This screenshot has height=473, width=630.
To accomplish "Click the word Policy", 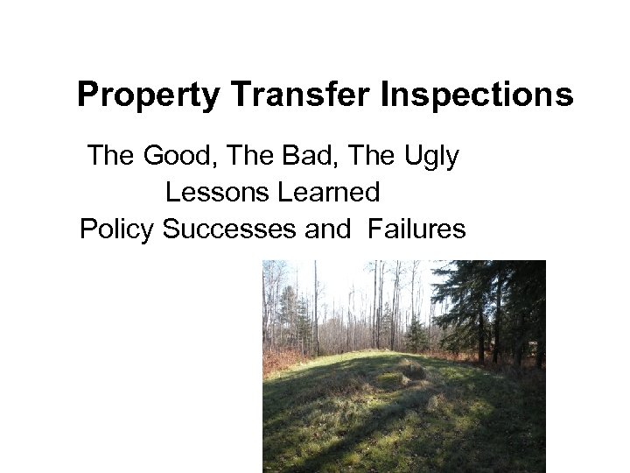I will [x=117, y=229].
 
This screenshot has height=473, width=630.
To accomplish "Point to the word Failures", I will [x=417, y=229].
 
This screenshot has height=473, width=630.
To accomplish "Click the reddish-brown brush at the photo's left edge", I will [x=272, y=358].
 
